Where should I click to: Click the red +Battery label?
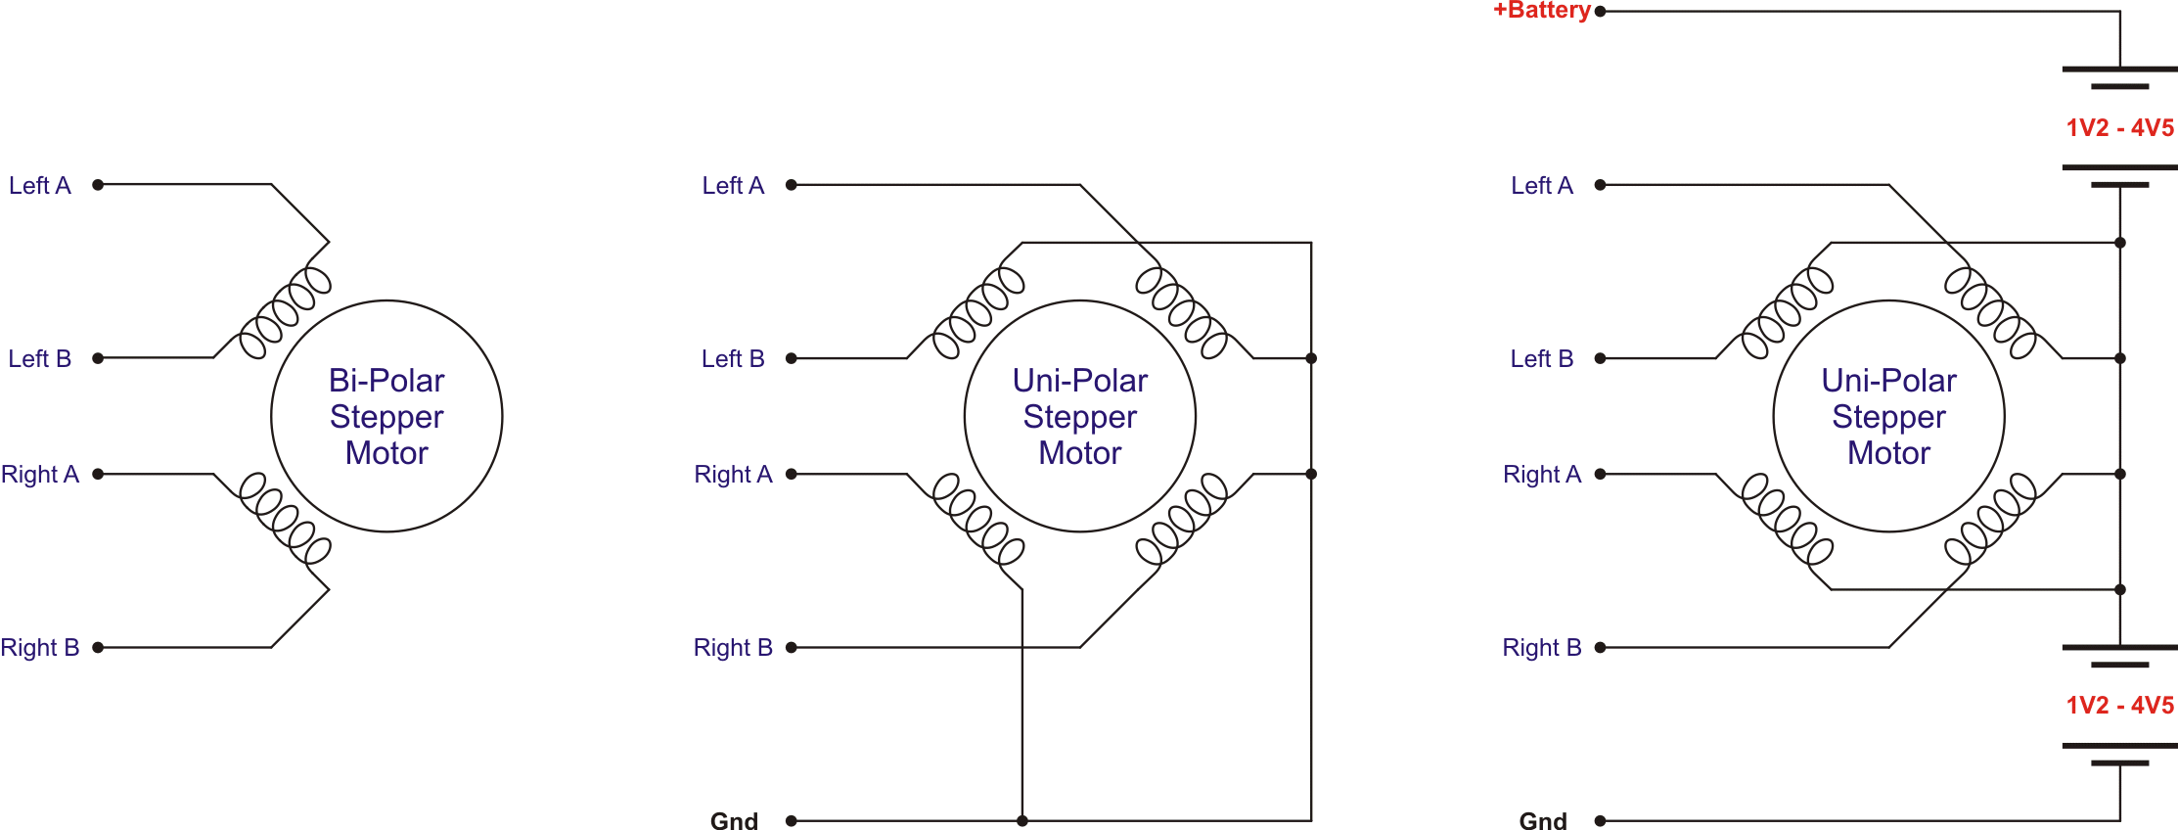click(1541, 11)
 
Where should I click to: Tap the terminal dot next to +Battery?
click(1601, 12)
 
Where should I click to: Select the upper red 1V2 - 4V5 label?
click(2119, 128)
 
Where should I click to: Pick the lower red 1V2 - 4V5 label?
click(2119, 706)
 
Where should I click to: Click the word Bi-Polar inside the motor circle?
click(386, 380)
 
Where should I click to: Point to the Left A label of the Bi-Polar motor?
click(40, 185)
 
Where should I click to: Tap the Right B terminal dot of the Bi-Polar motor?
click(98, 647)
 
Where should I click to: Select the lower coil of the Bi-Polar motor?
click(286, 519)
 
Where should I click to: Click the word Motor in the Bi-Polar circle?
click(386, 453)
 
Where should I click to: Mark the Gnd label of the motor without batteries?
click(734, 821)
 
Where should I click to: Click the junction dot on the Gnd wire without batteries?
click(1022, 821)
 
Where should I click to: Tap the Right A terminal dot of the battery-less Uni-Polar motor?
click(792, 474)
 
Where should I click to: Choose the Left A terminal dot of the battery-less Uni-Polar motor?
click(792, 184)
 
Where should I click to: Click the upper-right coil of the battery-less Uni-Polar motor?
click(1181, 312)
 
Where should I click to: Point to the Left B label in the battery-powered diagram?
click(1542, 359)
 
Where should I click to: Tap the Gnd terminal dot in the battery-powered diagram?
click(1601, 821)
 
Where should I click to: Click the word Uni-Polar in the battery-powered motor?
click(1888, 380)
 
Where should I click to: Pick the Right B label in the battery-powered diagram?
click(1542, 648)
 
